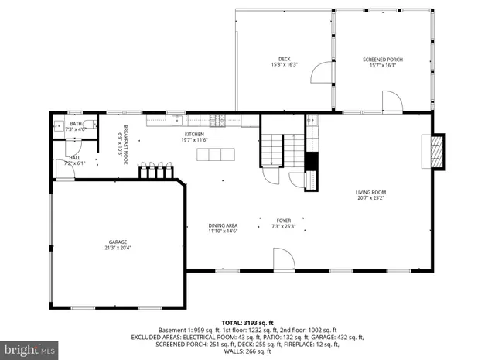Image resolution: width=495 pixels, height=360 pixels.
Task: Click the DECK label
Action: pyautogui.click(x=285, y=60)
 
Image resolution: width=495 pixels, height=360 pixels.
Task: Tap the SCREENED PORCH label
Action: pyautogui.click(x=383, y=60)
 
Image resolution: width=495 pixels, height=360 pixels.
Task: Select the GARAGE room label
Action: pyautogui.click(x=118, y=242)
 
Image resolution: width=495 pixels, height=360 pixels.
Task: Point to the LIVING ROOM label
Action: pyautogui.click(x=370, y=192)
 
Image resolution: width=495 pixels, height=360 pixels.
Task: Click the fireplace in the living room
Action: pyautogui.click(x=438, y=150)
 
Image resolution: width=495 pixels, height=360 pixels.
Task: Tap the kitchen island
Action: pyautogui.click(x=215, y=154)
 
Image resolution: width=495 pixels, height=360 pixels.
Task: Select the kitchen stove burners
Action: pyautogui.click(x=218, y=120)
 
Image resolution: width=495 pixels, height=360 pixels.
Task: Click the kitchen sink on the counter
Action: pyautogui.click(x=178, y=120)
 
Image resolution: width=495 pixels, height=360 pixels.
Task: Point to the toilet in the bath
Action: pyautogui.click(x=57, y=125)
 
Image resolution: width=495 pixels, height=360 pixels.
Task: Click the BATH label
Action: pyautogui.click(x=76, y=124)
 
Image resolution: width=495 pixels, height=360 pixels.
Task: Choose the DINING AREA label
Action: pyautogui.click(x=223, y=225)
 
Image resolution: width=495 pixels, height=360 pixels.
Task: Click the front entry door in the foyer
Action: pyautogui.click(x=282, y=259)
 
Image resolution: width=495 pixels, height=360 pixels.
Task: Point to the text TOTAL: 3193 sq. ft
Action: pyautogui.click(x=247, y=322)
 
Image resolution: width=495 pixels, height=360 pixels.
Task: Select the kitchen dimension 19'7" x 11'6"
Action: pyautogui.click(x=194, y=140)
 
